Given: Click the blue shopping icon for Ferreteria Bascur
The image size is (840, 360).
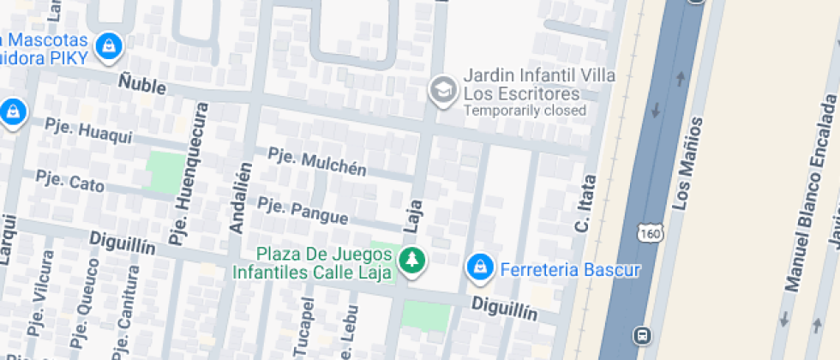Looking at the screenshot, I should tap(480, 269).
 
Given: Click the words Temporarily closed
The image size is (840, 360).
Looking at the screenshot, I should tap(525, 111).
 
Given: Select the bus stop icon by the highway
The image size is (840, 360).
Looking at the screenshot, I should tap(641, 334).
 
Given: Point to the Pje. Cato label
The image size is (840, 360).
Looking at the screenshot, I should tap(69, 180).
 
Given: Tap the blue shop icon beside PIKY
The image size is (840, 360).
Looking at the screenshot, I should tap(109, 46).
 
